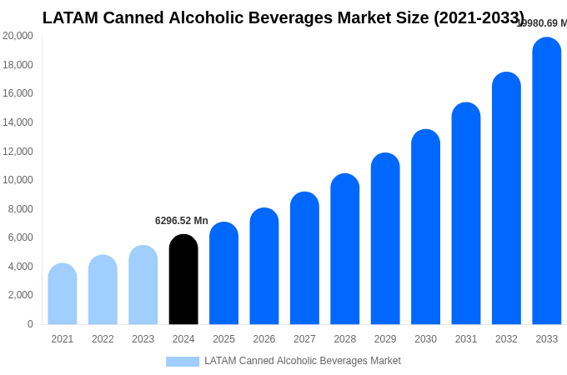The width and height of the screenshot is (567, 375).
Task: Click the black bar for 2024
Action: tap(183, 280)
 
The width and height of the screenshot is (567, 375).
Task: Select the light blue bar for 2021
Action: tap(63, 294)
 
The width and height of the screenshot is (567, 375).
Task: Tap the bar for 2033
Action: tap(547, 181)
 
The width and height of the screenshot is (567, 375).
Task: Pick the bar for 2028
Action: tap(345, 249)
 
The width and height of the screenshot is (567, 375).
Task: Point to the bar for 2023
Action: tap(143, 285)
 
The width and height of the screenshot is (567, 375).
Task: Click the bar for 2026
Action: tap(264, 267)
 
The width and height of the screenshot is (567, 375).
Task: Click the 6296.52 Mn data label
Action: tap(182, 221)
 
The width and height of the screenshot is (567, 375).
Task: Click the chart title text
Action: tap(283, 17)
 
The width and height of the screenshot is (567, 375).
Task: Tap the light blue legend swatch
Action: tap(183, 362)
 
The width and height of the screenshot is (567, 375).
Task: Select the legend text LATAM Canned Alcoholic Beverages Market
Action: tap(303, 361)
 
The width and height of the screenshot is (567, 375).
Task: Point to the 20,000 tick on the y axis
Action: tap(18, 36)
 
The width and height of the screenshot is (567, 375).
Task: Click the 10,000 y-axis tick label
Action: tap(18, 180)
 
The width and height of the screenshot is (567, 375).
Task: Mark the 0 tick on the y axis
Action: tap(30, 324)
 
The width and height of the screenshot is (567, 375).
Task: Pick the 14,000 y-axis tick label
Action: tap(18, 122)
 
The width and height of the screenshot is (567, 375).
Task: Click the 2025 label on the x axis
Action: tap(223, 339)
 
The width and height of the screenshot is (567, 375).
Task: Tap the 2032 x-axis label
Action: tap(506, 339)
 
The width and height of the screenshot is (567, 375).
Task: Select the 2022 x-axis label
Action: tap(103, 339)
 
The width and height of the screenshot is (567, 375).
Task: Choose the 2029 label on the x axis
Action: tap(385, 339)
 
